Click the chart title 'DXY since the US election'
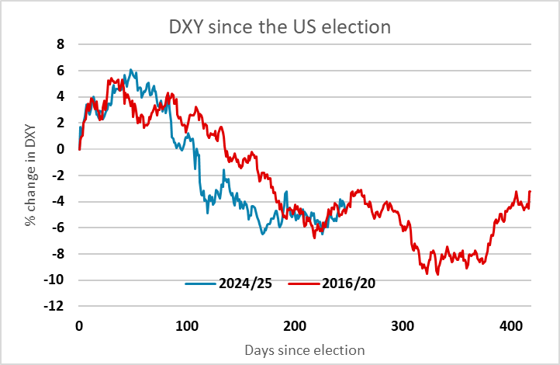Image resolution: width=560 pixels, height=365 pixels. [x=279, y=26]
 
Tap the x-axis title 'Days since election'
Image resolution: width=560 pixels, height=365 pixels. [x=305, y=350]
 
